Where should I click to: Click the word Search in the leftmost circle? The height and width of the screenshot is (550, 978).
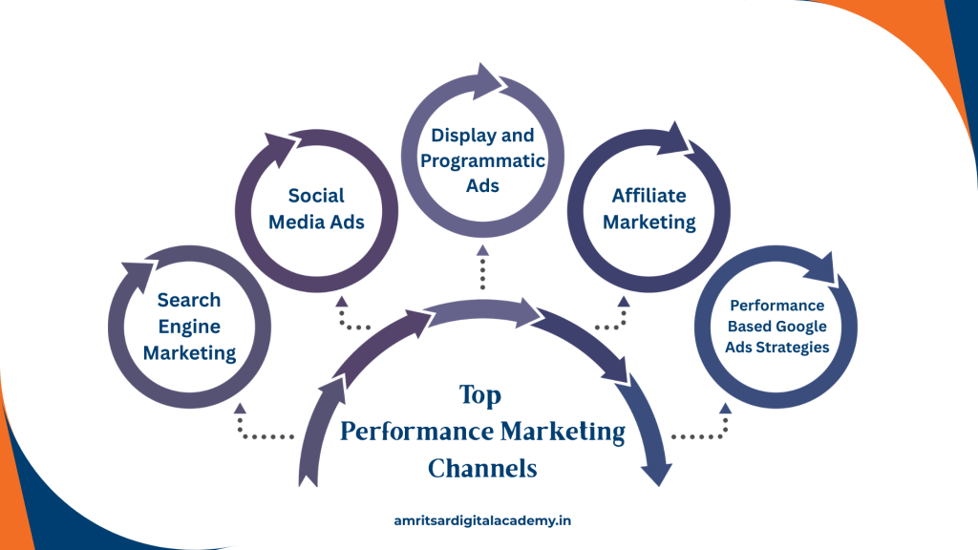point(189,300)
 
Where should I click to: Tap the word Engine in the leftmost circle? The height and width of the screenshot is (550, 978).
point(189,327)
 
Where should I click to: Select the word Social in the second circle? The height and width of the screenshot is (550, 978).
point(315,196)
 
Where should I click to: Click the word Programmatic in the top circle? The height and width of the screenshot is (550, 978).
point(483,159)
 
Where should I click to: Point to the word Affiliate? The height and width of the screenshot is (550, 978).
point(649,196)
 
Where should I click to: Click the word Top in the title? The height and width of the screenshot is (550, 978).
point(479,394)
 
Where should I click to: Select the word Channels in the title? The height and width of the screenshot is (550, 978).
point(482,469)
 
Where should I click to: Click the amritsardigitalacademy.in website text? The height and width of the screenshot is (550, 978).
point(482,520)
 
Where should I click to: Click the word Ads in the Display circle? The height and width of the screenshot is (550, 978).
point(483,185)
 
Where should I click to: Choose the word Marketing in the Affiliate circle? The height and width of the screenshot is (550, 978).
point(649,222)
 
